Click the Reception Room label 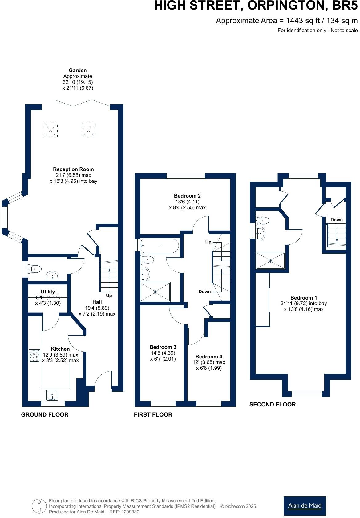[x=73, y=169]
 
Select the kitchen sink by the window [x=52, y=395]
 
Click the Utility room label [x=48, y=292]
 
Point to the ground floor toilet [x=35, y=269]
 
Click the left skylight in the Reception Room [x=51, y=130]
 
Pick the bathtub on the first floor [x=160, y=246]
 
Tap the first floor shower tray [x=155, y=292]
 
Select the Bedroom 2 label [x=187, y=196]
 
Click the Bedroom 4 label [x=208, y=357]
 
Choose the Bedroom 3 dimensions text [x=163, y=356]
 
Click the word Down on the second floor [x=336, y=220]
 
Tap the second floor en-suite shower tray [x=271, y=261]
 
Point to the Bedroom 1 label [x=304, y=298]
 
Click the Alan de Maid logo [x=304, y=506]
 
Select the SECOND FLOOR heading [x=272, y=404]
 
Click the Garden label [x=78, y=71]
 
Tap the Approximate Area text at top [x=286, y=21]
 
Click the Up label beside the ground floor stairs [x=109, y=296]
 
